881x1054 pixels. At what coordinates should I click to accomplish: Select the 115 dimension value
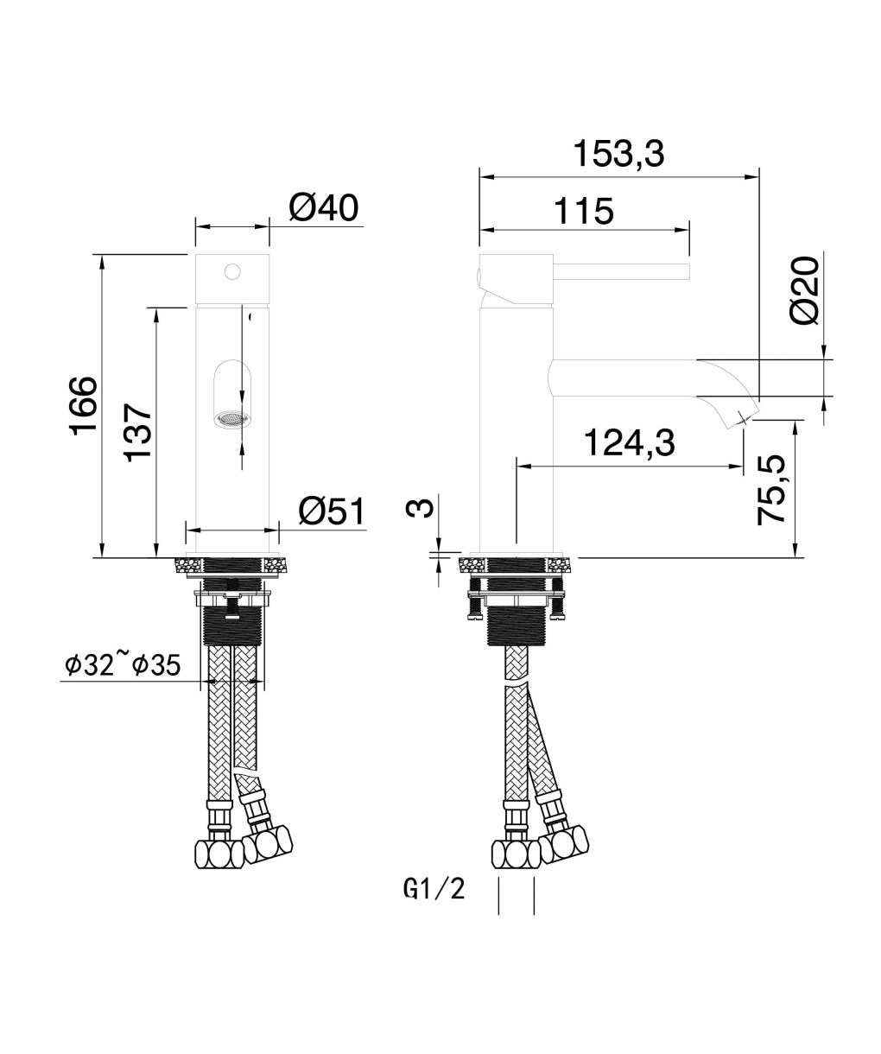(x=584, y=211)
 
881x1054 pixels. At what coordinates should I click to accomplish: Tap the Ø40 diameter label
(x=323, y=207)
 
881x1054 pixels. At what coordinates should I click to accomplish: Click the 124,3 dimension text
(x=629, y=442)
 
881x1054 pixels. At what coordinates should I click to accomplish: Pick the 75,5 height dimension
(x=771, y=490)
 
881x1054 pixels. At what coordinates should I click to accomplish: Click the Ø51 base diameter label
(x=331, y=511)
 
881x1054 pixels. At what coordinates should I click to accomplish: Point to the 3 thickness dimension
(x=419, y=507)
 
